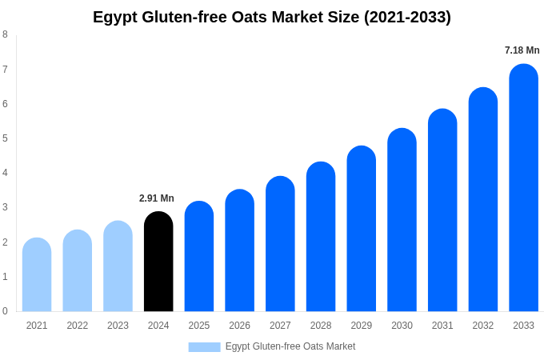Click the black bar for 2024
158,262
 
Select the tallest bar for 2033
523,188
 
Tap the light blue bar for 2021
37,274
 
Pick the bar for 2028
321,237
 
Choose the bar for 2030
402,220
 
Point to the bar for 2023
118,266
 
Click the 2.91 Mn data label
157,198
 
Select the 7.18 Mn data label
522,50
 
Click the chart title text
272,17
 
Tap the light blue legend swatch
204,346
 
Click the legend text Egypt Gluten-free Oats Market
290,346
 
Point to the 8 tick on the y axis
5,34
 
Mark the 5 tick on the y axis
5,138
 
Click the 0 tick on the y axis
5,311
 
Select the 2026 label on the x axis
239,326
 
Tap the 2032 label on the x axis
482,326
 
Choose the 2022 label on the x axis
78,326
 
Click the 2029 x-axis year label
361,326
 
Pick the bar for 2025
199,256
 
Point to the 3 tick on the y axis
5,207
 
